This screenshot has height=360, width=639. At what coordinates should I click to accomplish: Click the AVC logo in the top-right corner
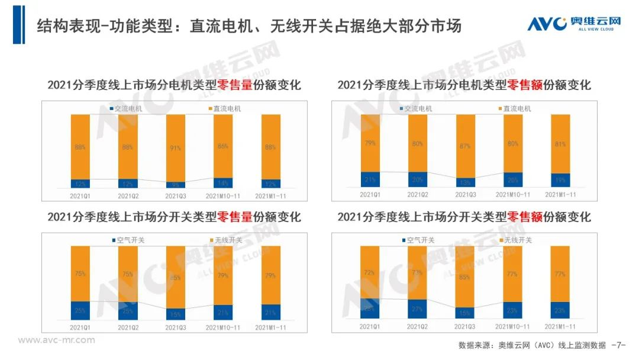[x=574, y=24]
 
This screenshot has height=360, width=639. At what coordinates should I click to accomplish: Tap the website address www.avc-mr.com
[x=56, y=340]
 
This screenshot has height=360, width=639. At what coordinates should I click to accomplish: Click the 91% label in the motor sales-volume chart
[x=175, y=147]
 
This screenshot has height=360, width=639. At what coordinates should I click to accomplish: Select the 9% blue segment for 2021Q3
[x=175, y=185]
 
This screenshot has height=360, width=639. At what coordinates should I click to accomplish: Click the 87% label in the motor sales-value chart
[x=465, y=146]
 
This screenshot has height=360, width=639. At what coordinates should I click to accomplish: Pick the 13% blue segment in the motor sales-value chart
[x=465, y=182]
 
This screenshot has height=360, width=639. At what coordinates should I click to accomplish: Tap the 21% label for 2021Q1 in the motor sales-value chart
[x=370, y=180]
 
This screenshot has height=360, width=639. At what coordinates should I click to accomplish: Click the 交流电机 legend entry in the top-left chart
[x=125, y=109]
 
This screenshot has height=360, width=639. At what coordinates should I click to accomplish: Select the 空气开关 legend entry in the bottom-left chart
[x=126, y=240]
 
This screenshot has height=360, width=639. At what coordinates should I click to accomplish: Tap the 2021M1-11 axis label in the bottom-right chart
[x=560, y=326]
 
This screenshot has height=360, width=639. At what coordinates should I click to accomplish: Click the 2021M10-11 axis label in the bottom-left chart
[x=222, y=326]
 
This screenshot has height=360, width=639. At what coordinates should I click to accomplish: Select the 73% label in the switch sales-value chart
[x=418, y=273]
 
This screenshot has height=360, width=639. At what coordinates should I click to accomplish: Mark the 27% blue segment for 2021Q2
[x=418, y=308]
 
